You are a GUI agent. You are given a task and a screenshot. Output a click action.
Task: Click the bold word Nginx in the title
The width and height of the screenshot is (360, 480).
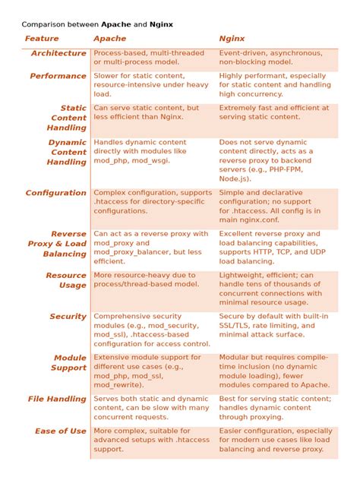pyautogui.click(x=161, y=24)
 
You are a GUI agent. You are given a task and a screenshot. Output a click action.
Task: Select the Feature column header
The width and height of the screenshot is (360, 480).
pyautogui.click(x=41, y=38)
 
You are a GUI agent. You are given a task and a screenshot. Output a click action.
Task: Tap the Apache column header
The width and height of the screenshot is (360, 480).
pyautogui.click(x=110, y=38)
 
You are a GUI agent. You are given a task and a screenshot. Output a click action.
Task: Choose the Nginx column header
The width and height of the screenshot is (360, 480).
pyautogui.click(x=232, y=38)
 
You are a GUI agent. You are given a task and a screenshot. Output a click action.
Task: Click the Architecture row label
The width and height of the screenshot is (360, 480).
pyautogui.click(x=58, y=53)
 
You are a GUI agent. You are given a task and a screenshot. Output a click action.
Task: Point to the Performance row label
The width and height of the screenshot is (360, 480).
pyautogui.click(x=58, y=76)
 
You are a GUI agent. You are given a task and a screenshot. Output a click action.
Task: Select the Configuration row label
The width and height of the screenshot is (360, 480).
pyautogui.click(x=56, y=193)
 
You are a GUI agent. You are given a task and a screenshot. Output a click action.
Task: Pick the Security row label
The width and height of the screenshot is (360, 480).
pyautogui.click(x=68, y=317)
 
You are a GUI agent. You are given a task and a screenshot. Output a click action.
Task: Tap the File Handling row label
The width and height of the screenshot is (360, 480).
pyautogui.click(x=58, y=399)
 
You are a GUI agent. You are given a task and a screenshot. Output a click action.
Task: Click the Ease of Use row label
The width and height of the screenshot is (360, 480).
pyautogui.click(x=61, y=431)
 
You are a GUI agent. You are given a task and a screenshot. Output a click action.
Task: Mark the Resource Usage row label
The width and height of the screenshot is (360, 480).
pyautogui.click(x=66, y=280)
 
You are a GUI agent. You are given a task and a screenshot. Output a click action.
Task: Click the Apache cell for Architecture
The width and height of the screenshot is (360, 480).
pyautogui.click(x=149, y=57)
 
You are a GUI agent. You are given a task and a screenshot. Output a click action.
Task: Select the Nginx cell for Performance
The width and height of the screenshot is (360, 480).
pyautogui.click(x=273, y=85)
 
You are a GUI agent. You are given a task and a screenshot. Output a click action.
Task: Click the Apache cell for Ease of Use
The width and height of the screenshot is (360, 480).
pyautogui.click(x=149, y=441)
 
